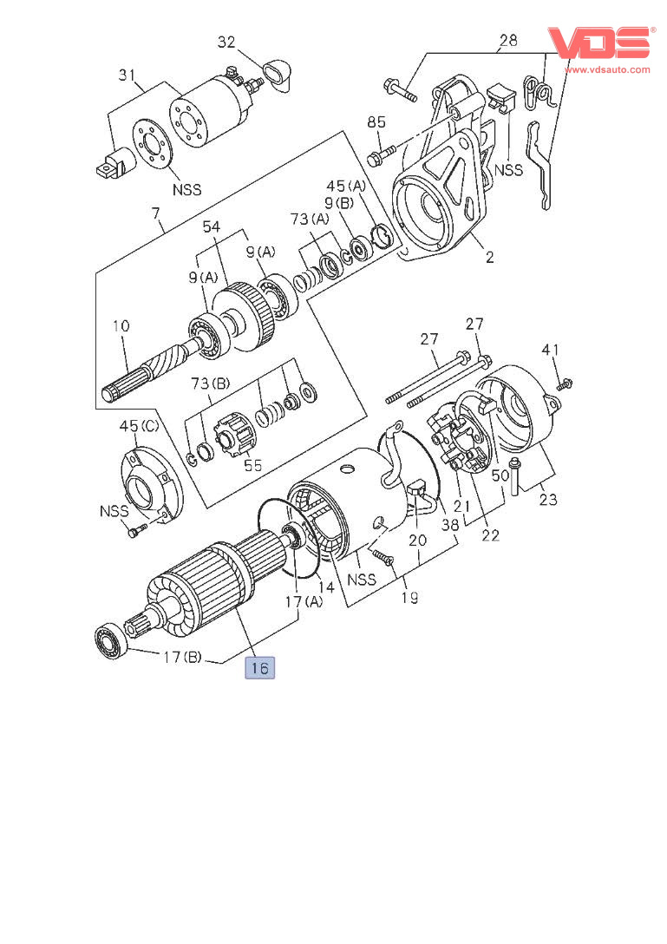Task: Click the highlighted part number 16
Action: tap(259, 668)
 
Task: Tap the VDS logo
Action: tap(599, 43)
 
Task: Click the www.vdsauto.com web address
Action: tap(607, 69)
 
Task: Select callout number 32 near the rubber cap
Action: tap(226, 42)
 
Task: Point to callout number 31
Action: tap(127, 75)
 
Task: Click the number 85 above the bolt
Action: tap(376, 122)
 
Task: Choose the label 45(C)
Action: tap(139, 426)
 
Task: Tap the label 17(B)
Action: tap(182, 657)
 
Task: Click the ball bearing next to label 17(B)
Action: tap(112, 641)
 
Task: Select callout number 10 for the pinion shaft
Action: tap(121, 325)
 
